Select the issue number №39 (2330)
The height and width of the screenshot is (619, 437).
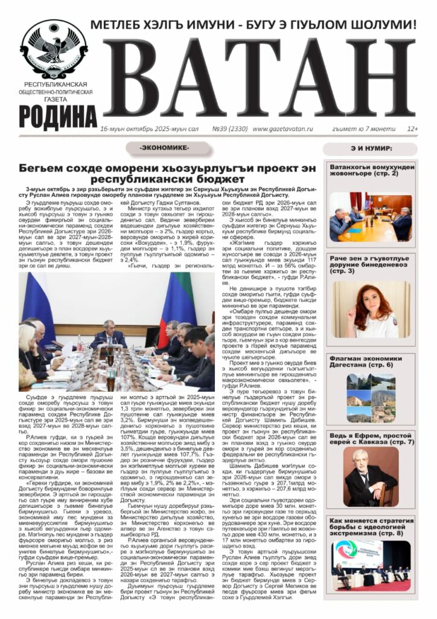(228, 129)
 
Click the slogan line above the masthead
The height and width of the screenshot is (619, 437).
(254, 25)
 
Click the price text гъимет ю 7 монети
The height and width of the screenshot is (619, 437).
(365, 129)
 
